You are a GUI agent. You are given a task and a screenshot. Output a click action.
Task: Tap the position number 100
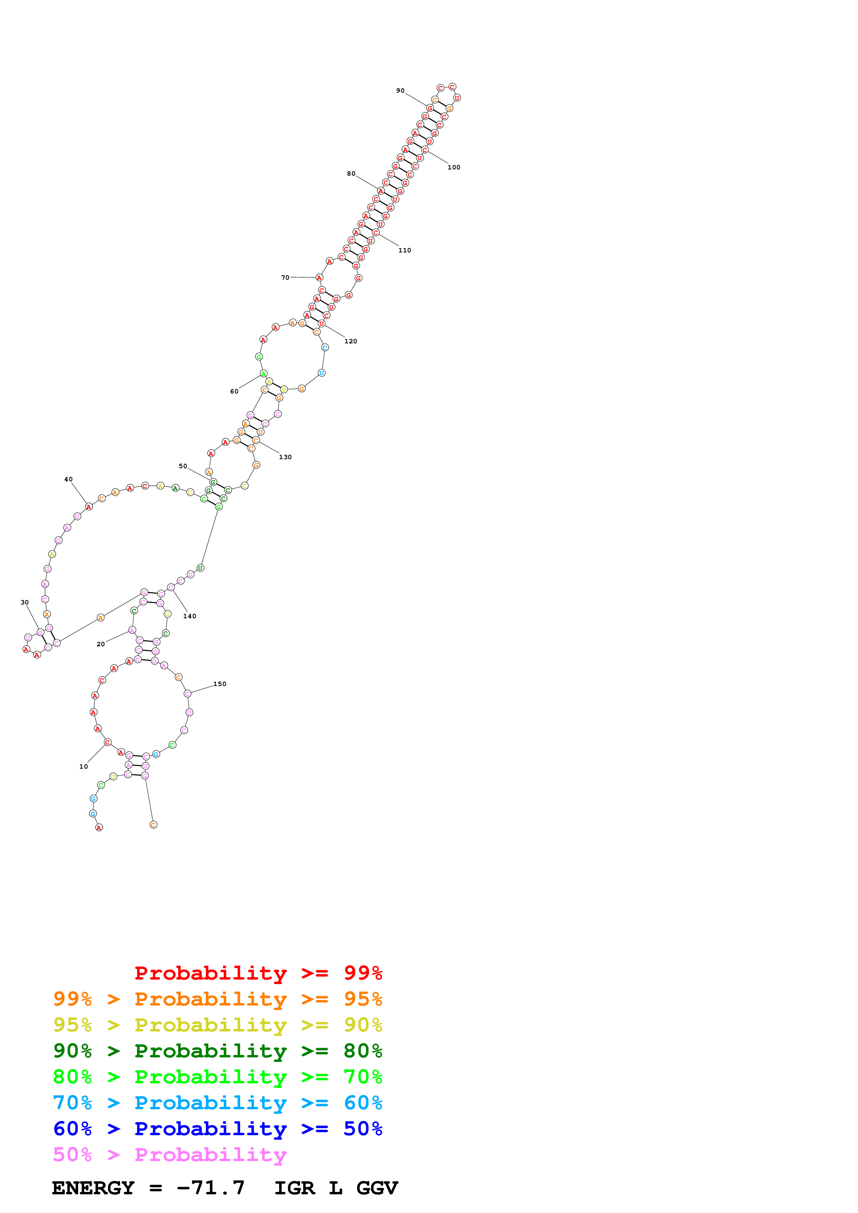tap(454, 167)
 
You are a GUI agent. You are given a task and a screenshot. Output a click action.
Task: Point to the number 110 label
tap(404, 250)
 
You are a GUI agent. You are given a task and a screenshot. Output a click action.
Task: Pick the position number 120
tap(351, 341)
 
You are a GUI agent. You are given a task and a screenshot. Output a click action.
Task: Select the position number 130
tap(285, 457)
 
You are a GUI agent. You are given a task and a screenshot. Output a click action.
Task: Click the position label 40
tap(68, 479)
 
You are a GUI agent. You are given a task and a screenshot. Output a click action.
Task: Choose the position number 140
tap(189, 616)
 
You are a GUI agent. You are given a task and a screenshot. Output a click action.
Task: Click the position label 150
tap(219, 684)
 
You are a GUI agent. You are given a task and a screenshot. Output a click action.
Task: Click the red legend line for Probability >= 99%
tap(258, 973)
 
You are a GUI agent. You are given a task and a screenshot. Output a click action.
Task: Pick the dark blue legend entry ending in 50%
tap(217, 1129)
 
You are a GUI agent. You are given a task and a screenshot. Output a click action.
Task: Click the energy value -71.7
tap(210, 1188)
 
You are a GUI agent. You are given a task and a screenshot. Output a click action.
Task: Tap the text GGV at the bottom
tap(377, 1188)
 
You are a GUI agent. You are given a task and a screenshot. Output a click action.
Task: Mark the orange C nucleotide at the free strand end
tap(153, 825)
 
